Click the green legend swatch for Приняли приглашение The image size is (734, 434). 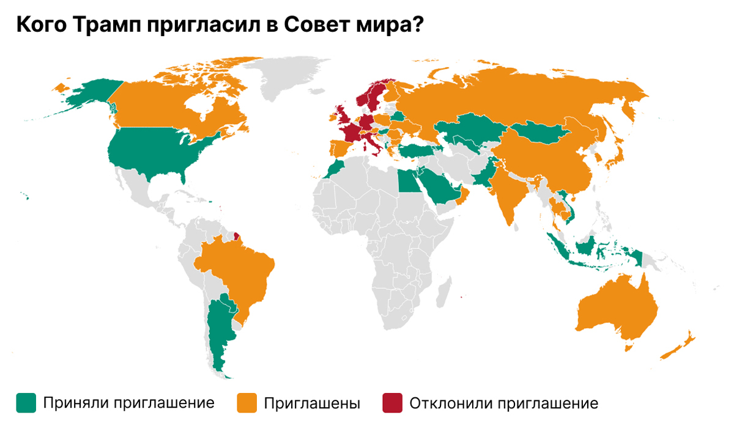tap(26, 403)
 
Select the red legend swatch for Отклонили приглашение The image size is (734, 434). tap(392, 403)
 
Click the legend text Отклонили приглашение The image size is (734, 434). tap(503, 403)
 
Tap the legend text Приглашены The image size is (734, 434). tap(312, 403)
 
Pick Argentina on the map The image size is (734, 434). tap(217, 333)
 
